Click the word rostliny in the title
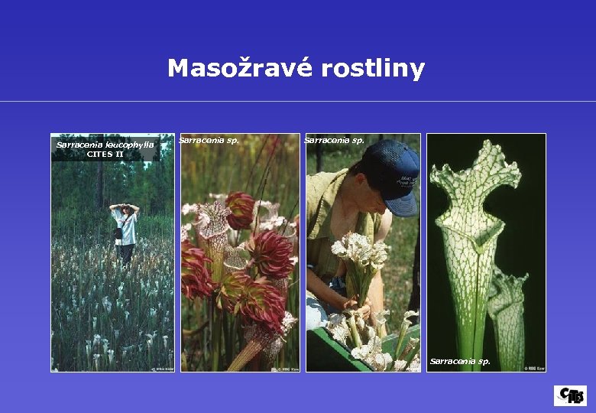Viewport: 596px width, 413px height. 373,69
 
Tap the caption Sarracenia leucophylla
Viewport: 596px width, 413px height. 105,145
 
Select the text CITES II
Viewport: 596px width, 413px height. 105,154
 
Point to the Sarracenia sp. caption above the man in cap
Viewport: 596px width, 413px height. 334,140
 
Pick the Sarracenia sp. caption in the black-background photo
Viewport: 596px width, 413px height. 460,361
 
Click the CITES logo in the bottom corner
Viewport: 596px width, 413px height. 570,395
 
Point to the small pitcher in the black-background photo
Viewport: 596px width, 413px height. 507,306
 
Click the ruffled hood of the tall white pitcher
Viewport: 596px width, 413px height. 474,184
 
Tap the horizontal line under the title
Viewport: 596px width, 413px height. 298,101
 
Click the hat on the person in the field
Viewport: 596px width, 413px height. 124,206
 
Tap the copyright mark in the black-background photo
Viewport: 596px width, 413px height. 534,368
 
